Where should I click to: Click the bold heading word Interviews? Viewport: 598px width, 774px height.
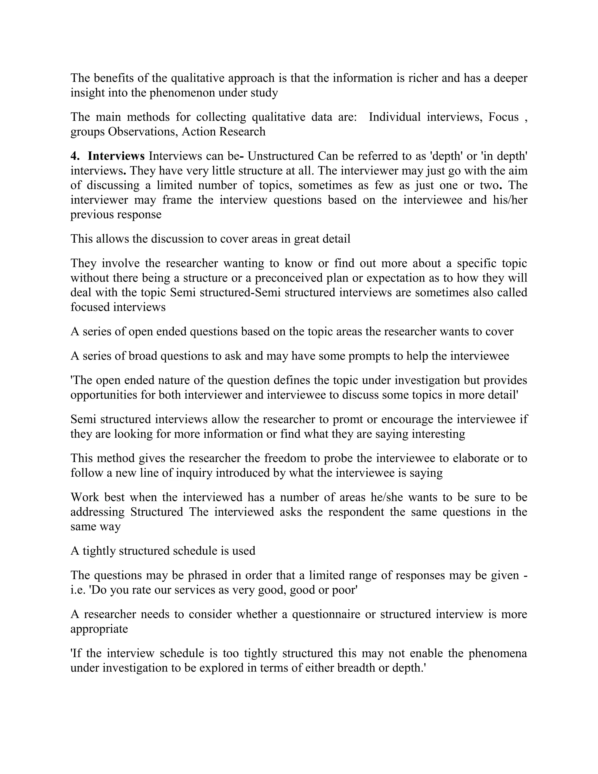[116, 156]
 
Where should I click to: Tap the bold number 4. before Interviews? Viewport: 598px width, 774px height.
[75, 156]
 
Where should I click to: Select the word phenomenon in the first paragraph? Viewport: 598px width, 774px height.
[188, 93]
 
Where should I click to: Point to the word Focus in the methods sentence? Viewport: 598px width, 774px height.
[503, 117]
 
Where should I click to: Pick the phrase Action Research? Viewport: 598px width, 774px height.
[224, 132]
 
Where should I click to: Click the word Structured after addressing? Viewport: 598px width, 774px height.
[157, 512]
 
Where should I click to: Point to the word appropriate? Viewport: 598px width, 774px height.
[99, 629]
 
